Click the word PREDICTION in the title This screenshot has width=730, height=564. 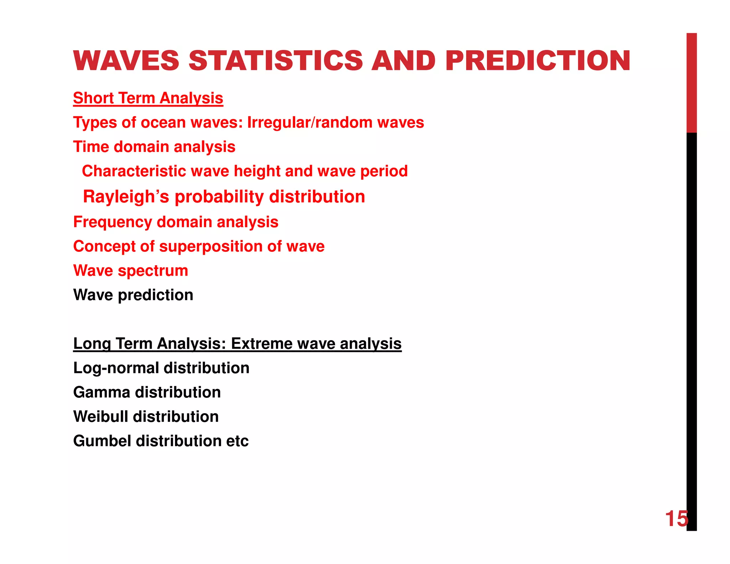538,61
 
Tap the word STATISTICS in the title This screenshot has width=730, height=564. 275,61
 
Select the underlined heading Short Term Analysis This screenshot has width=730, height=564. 148,98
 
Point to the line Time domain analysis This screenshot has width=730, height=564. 154,147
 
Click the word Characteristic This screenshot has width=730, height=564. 134,171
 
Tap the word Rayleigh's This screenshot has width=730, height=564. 126,197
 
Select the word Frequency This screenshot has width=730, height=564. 112,222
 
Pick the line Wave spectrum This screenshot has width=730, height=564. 130,271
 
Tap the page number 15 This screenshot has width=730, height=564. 676,518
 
